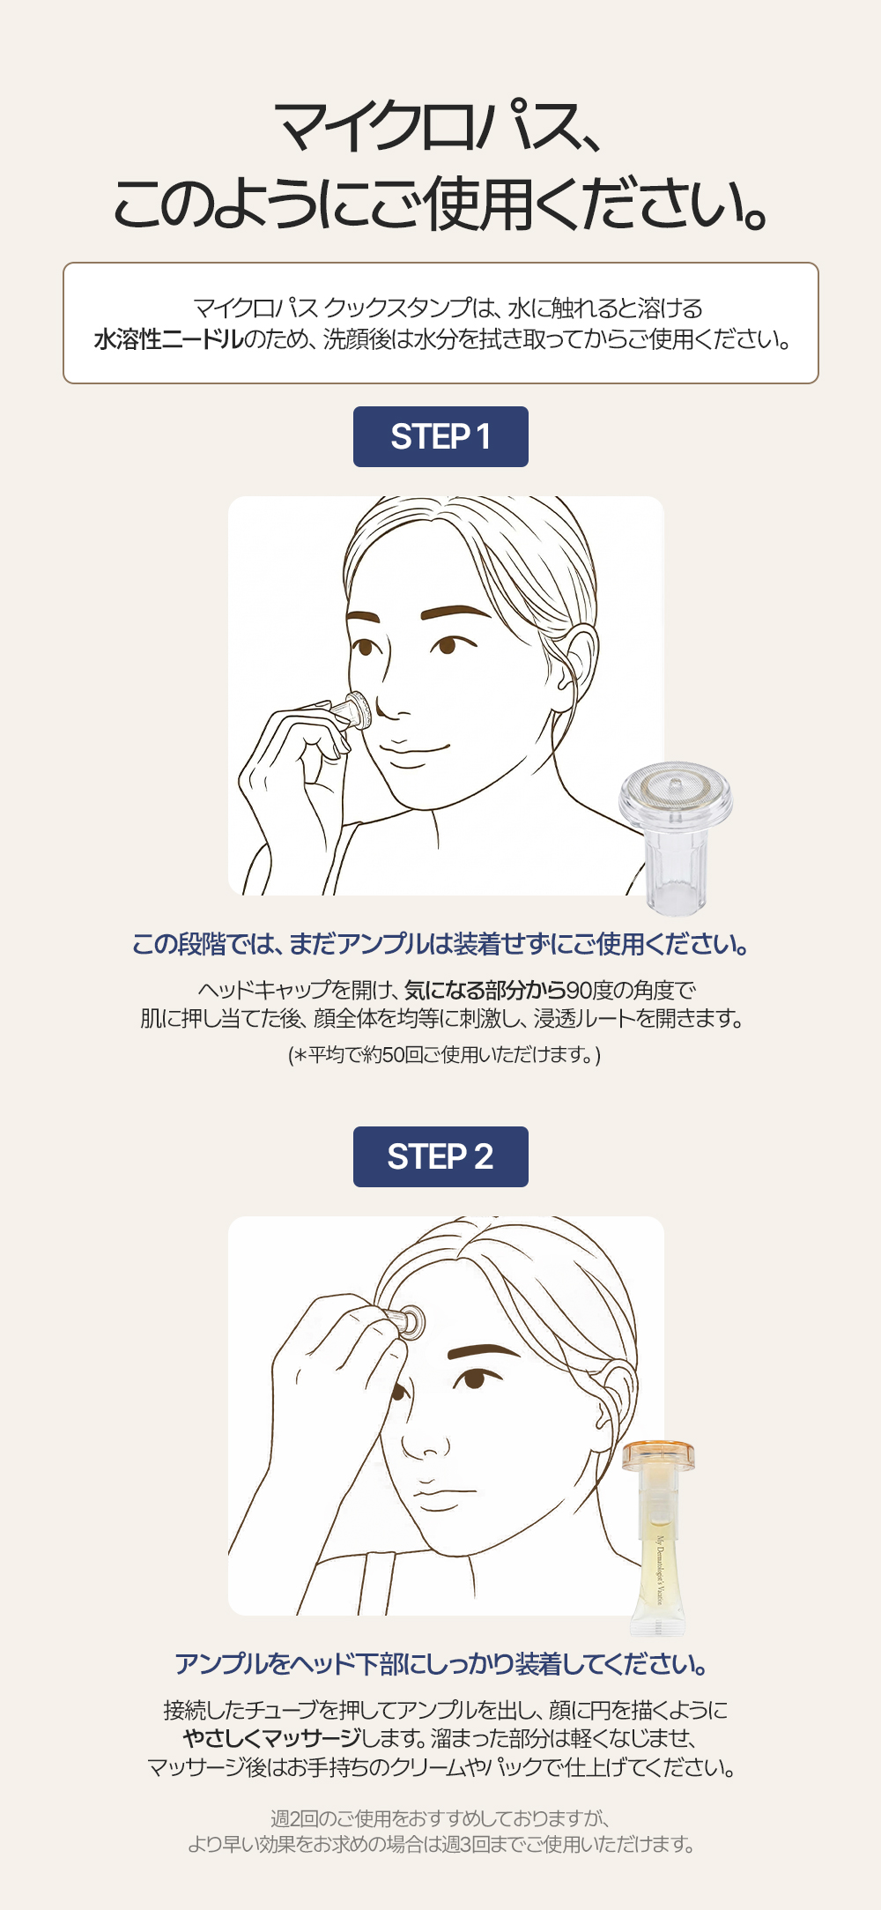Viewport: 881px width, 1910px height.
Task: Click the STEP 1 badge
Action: coord(440,436)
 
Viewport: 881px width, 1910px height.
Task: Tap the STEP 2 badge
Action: coord(440,1156)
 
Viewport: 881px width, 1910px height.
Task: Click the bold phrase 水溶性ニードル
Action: coord(168,339)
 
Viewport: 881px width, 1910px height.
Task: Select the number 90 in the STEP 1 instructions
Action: coord(580,990)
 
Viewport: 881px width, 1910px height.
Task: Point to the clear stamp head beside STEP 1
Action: coord(675,837)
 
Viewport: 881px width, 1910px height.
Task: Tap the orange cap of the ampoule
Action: coord(658,1456)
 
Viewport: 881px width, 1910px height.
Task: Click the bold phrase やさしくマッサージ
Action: coord(272,1738)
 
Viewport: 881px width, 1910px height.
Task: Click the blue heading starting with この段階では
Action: coord(440,944)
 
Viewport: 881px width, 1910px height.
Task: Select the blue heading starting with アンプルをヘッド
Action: coord(440,1664)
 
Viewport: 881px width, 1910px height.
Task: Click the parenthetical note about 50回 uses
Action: coord(444,1054)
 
